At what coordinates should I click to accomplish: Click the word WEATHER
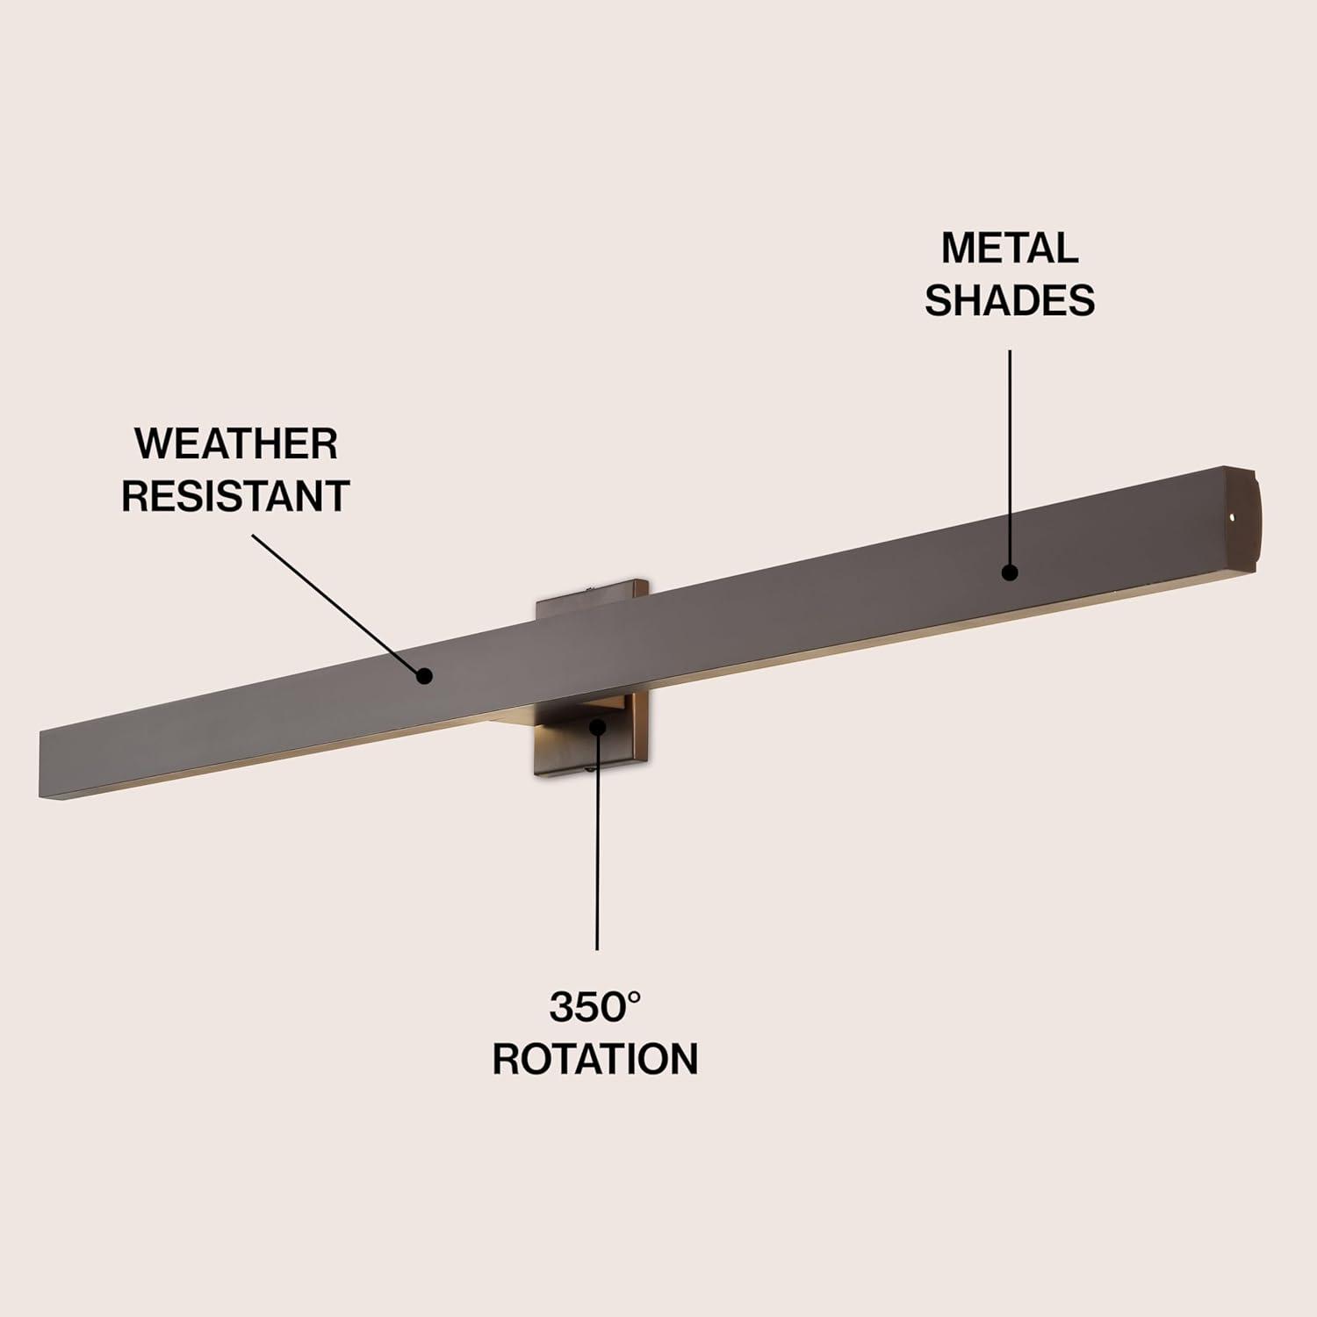(x=235, y=444)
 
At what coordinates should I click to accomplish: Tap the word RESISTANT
(x=235, y=496)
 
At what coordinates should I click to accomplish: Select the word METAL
(x=1010, y=248)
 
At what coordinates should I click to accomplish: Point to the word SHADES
(x=1010, y=300)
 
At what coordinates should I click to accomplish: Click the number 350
(x=584, y=1008)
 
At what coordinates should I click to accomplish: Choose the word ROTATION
(x=595, y=1059)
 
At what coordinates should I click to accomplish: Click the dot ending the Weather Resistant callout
(x=425, y=675)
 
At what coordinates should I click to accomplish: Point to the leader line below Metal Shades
(x=1010, y=457)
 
